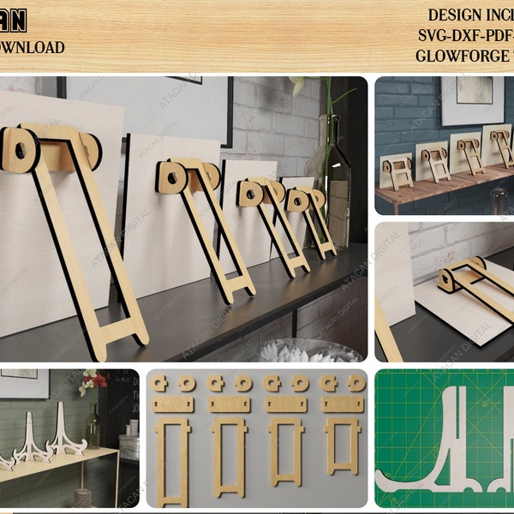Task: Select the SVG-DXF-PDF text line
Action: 466,35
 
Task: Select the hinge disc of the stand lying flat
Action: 448,279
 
